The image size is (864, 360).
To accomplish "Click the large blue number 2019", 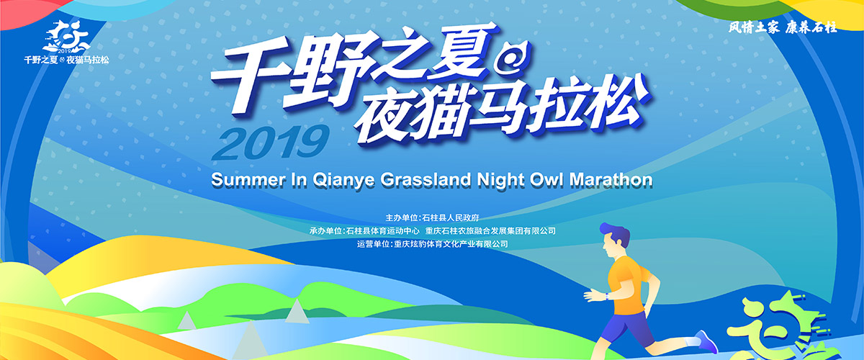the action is point(270,143).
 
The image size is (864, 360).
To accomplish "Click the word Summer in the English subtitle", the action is point(248,180).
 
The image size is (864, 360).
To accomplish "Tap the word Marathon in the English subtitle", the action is point(611,180).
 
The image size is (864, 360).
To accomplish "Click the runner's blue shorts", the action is point(628,328).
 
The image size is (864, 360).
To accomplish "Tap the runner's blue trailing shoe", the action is point(706,341).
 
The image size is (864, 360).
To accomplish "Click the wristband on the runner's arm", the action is point(607,297).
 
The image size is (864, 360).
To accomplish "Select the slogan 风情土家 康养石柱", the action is point(783,27).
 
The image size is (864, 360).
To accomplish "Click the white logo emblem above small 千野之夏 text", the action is point(66,37).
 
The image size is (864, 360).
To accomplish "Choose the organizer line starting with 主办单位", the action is point(432,217).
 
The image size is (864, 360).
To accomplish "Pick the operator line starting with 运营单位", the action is point(432,244).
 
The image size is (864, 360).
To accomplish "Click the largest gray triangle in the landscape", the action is point(251,341).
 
